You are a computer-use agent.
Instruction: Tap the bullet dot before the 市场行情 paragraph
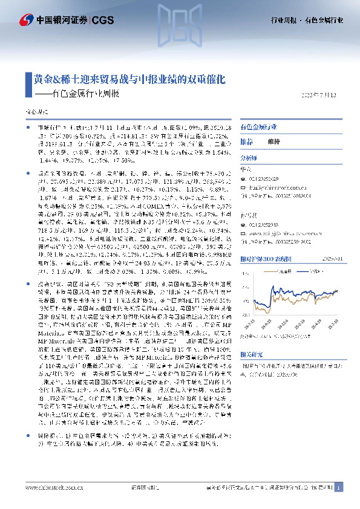pos(29,128)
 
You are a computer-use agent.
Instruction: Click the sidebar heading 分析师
pos(249,157)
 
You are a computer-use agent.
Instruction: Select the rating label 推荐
pos(247,141)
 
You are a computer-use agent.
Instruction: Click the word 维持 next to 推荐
pos(273,141)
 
